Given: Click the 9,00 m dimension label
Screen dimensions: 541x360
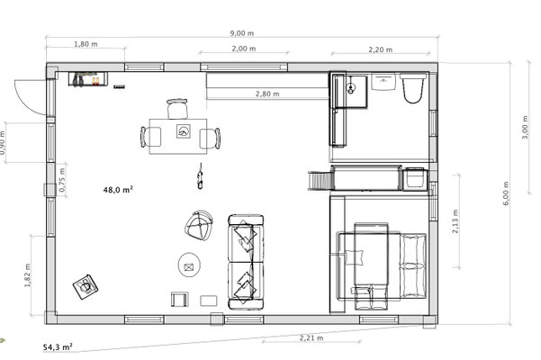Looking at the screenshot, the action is pyautogui.click(x=242, y=33).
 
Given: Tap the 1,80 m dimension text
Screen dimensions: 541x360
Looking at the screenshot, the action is pyautogui.click(x=86, y=44).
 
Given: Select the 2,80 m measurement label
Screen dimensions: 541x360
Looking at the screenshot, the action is pyautogui.click(x=267, y=94).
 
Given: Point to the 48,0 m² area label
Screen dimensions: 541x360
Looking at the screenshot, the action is pyautogui.click(x=118, y=189).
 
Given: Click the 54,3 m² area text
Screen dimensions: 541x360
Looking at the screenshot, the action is pyautogui.click(x=58, y=346).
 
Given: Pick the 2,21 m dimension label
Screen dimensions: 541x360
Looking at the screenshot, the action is pyautogui.click(x=311, y=337).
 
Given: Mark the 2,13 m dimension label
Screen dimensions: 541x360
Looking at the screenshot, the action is pyautogui.click(x=455, y=221).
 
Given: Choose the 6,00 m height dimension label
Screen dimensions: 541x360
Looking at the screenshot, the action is pyautogui.click(x=506, y=193).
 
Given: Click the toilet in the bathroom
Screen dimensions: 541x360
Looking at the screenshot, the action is pyautogui.click(x=412, y=88).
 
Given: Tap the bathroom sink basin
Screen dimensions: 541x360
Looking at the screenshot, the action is pyautogui.click(x=383, y=81).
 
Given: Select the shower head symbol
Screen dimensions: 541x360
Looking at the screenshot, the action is pyautogui.click(x=351, y=88).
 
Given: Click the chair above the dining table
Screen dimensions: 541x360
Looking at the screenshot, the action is pyautogui.click(x=177, y=108).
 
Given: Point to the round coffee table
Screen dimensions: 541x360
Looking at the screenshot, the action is pyautogui.click(x=189, y=265).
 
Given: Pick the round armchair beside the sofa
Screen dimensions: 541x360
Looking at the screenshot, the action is pyautogui.click(x=199, y=225).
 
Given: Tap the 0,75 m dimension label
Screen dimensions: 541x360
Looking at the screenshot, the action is pyautogui.click(x=62, y=180).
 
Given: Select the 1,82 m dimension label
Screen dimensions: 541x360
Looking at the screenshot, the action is pyautogui.click(x=28, y=275).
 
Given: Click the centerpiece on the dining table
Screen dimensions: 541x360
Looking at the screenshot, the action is pyautogui.click(x=184, y=131).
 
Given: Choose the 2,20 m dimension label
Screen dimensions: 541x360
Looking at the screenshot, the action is pyautogui.click(x=380, y=49).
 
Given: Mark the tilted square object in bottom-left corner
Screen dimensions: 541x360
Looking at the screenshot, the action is pyautogui.click(x=86, y=287).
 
